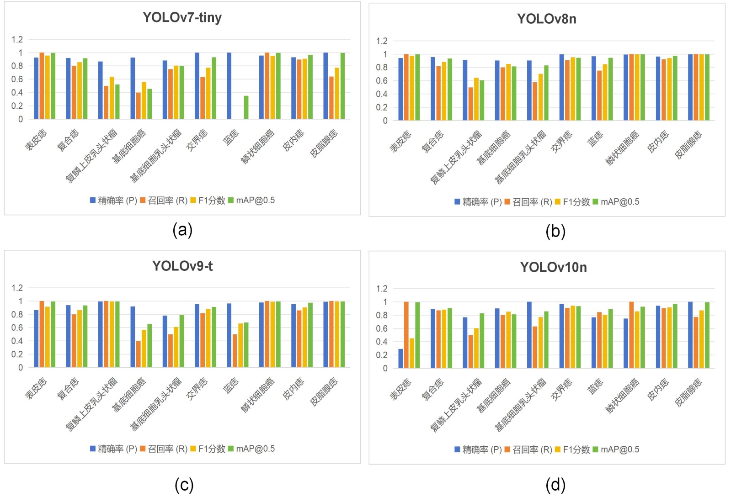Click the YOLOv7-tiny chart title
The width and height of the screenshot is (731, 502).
tap(182, 17)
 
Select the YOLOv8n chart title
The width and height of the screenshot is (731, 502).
tap(546, 19)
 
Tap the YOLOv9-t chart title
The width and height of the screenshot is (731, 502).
tap(182, 266)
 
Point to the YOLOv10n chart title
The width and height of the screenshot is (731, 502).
tap(553, 267)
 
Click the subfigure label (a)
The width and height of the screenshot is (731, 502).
tap(182, 230)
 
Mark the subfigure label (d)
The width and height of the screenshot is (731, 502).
tap(555, 485)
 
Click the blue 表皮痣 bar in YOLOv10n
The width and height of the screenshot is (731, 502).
tap(400, 359)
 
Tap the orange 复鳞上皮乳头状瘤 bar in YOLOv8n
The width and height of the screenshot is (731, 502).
tap(470, 104)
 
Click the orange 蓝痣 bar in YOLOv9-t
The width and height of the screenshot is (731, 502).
tap(235, 351)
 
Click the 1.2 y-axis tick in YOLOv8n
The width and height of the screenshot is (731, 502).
tap(382, 41)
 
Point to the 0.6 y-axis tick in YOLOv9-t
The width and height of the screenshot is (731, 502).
tap(17, 328)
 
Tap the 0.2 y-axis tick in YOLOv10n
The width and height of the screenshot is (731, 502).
tap(382, 355)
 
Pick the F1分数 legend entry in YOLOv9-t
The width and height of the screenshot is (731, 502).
tap(208, 449)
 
